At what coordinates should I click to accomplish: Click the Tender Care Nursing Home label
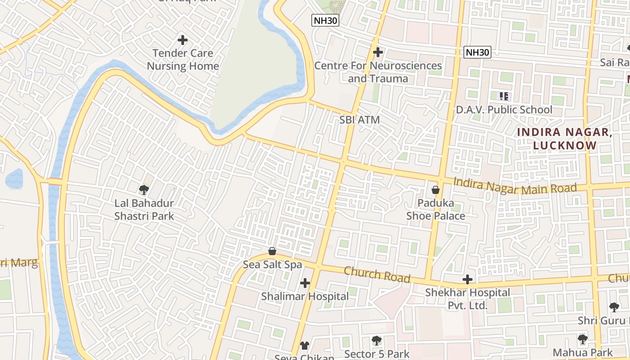click(x=183, y=59)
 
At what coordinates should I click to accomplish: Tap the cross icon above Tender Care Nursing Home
click(x=183, y=40)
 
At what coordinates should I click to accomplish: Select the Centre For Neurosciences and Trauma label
click(x=378, y=72)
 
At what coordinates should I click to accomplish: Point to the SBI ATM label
click(x=360, y=120)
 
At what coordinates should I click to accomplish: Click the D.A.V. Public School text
click(x=504, y=110)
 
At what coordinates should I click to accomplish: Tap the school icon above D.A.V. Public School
click(x=504, y=96)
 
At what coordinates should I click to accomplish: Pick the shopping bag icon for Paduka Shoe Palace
click(x=436, y=190)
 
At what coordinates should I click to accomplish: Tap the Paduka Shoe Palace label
click(x=436, y=209)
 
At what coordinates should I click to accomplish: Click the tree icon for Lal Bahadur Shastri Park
click(x=144, y=190)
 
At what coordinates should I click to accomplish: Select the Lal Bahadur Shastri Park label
click(x=144, y=210)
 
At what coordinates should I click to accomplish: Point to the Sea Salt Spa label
click(x=272, y=265)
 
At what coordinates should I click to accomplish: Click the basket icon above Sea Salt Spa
click(x=272, y=251)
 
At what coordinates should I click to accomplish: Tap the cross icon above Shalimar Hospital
click(x=305, y=283)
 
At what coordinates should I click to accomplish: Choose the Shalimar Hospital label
click(x=305, y=297)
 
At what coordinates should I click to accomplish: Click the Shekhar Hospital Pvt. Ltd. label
click(x=468, y=299)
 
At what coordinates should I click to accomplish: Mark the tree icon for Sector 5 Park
click(x=377, y=341)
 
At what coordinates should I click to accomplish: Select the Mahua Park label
click(x=582, y=352)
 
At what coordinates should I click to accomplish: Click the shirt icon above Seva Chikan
click(x=305, y=345)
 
